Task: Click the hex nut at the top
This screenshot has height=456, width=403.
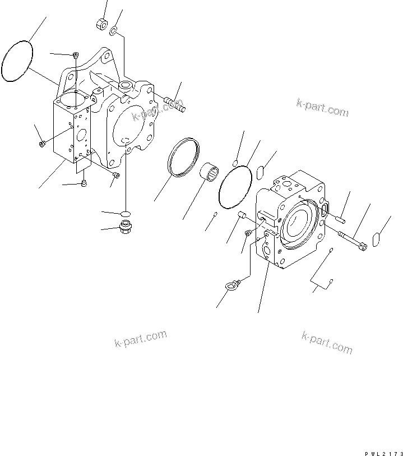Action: click(x=102, y=24)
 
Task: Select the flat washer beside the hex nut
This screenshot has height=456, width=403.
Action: click(x=114, y=30)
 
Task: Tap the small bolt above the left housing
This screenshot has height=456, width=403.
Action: click(x=75, y=54)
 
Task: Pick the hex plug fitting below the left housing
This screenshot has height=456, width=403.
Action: click(x=126, y=227)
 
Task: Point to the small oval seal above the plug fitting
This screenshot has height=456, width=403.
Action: click(x=126, y=213)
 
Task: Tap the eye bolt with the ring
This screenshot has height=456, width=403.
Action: click(x=231, y=287)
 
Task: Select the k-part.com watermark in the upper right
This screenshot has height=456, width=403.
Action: click(x=322, y=109)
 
